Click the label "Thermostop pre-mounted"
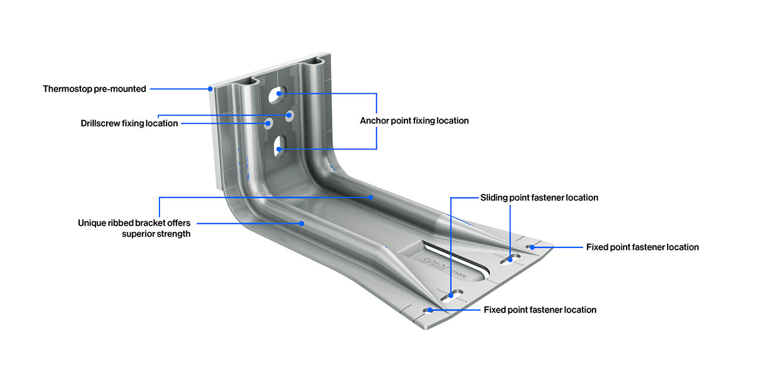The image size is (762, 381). pos(94,89)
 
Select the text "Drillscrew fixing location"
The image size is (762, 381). pos(129,123)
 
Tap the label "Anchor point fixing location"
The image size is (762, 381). pos(414,121)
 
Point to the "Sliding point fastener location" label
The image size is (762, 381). pos(539,198)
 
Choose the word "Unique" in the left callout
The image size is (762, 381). pos(91,223)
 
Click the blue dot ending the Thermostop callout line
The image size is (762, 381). pos(210,89)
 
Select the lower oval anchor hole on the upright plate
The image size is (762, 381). pos(280,144)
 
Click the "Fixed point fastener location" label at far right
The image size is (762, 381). pos(642,247)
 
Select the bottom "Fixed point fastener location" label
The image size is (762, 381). pos(540,309)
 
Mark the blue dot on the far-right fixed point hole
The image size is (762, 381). pos(532,247)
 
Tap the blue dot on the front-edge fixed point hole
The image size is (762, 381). pos(430,309)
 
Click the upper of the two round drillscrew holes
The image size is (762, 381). pos(289,115)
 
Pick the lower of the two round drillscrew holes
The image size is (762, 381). pos(269,123)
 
